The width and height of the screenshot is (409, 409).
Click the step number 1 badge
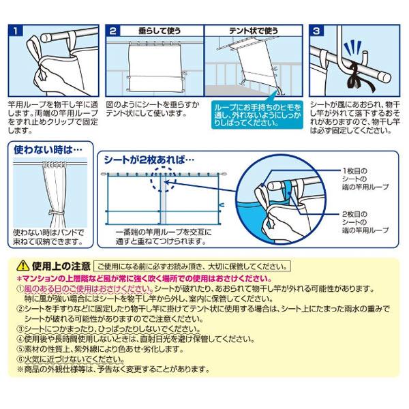coord(16,31)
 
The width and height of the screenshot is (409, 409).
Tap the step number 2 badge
coord(113,31)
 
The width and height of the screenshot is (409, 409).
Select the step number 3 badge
coord(316,31)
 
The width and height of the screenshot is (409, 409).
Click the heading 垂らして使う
coord(160,31)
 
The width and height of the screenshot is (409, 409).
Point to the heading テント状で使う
coord(254,31)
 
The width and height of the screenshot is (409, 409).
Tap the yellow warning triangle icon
coord(22,266)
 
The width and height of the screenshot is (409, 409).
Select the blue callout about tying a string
coord(257,115)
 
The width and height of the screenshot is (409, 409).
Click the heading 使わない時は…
coord(48,150)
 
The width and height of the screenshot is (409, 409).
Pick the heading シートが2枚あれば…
coord(149,160)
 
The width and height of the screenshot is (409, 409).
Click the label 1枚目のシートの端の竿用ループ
coord(365,179)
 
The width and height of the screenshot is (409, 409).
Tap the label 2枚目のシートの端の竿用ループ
coord(365,222)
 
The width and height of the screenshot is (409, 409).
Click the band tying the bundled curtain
coord(56,213)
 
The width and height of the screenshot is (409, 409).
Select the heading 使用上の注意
coord(61,266)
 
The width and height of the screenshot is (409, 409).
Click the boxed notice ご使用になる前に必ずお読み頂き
coord(192,267)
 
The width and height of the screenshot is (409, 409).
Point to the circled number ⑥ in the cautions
coord(20,359)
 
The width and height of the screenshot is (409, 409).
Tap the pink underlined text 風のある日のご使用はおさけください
coord(89,289)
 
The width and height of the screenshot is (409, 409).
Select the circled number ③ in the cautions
coord(20,329)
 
